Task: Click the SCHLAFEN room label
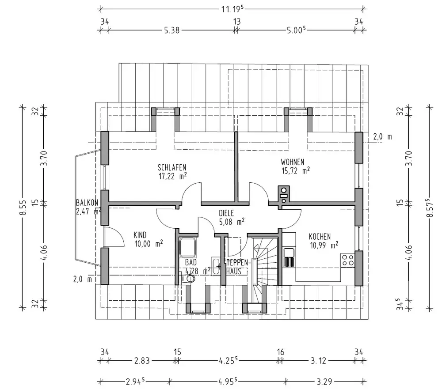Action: click(x=172, y=167)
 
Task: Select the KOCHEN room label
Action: click(x=320, y=236)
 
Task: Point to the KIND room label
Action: click(x=140, y=235)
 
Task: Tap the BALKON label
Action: click(x=87, y=202)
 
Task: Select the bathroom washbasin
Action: click(x=216, y=266)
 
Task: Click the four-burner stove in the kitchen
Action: click(x=348, y=259)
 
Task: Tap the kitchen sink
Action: click(x=289, y=256)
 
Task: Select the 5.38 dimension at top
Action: click(x=171, y=30)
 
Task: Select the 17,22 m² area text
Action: click(x=172, y=176)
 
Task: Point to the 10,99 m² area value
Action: click(x=324, y=245)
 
